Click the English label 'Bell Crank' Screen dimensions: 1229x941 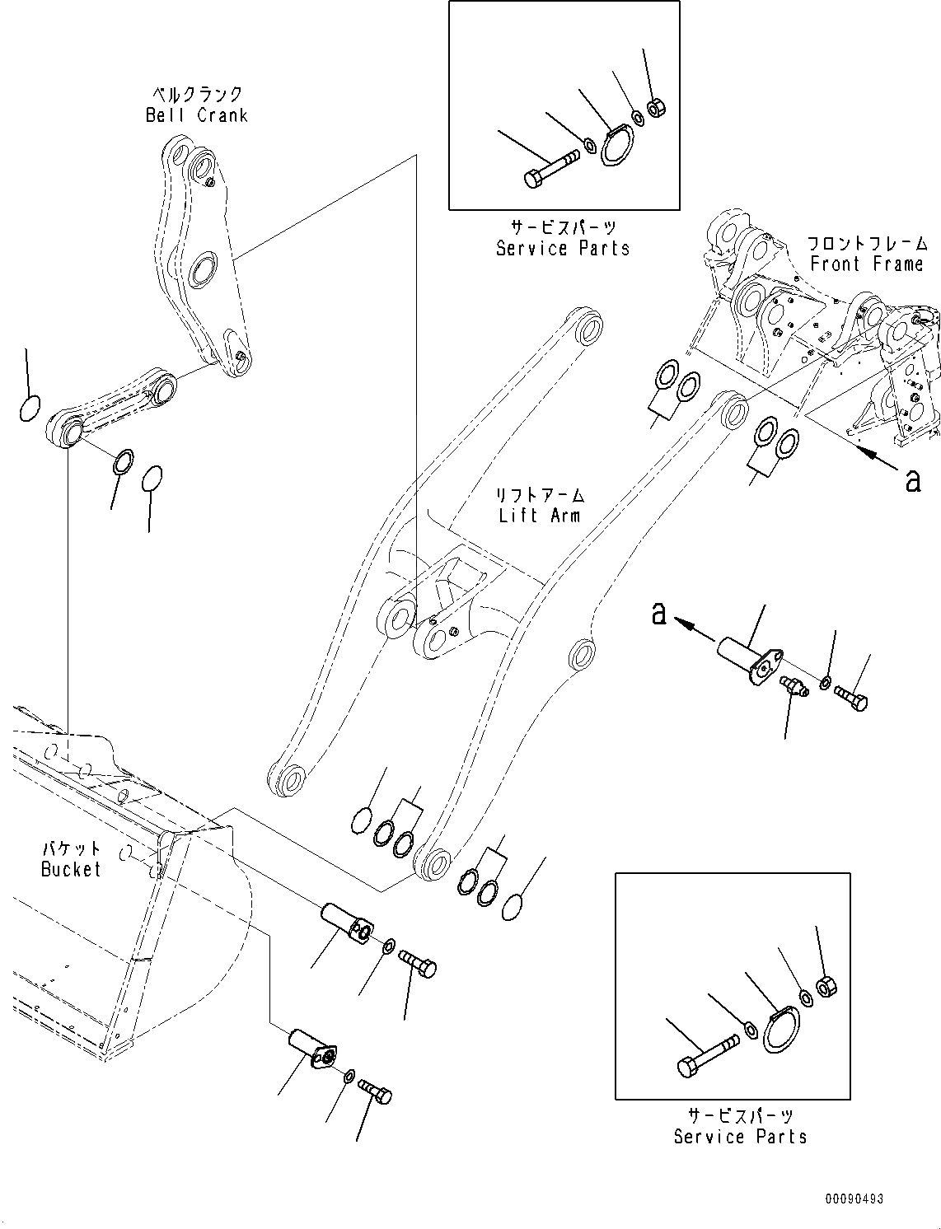click(x=196, y=115)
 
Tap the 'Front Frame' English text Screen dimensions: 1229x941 click(x=866, y=264)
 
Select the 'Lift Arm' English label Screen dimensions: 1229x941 click(x=539, y=516)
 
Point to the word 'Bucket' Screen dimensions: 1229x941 click(x=71, y=869)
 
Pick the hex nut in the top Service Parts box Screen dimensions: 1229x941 click(x=657, y=107)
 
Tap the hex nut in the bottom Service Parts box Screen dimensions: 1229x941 click(x=826, y=984)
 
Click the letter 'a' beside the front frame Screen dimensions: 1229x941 click(x=912, y=479)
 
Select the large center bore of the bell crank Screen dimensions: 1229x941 click(x=201, y=271)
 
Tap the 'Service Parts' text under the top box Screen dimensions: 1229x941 click(x=563, y=248)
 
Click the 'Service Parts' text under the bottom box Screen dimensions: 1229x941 click(x=740, y=1137)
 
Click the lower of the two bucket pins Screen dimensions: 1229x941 click(x=311, y=1047)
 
